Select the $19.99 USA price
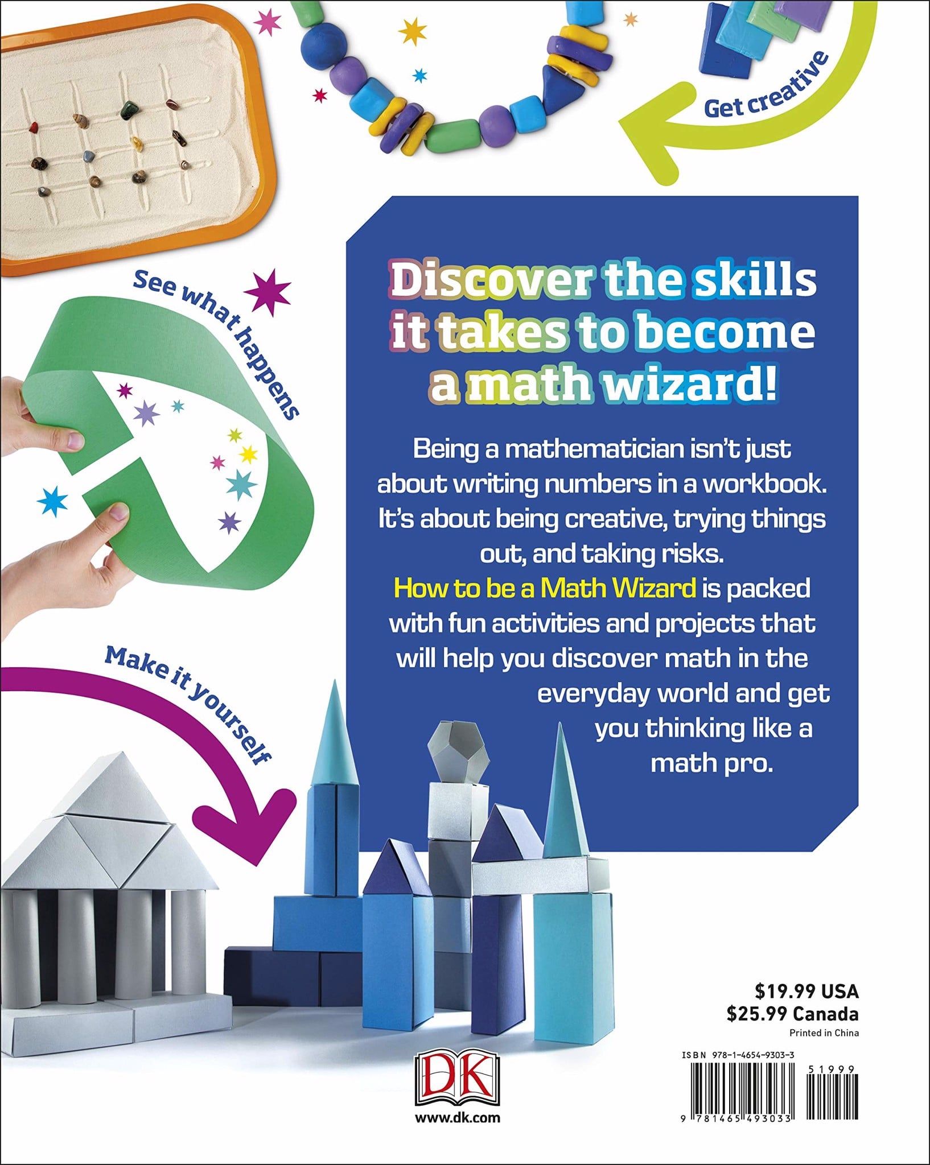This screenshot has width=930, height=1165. coord(806,992)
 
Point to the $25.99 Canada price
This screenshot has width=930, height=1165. coord(792,1014)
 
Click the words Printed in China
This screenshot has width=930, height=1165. coord(824,1033)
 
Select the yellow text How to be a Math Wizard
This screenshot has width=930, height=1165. coord(545,588)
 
